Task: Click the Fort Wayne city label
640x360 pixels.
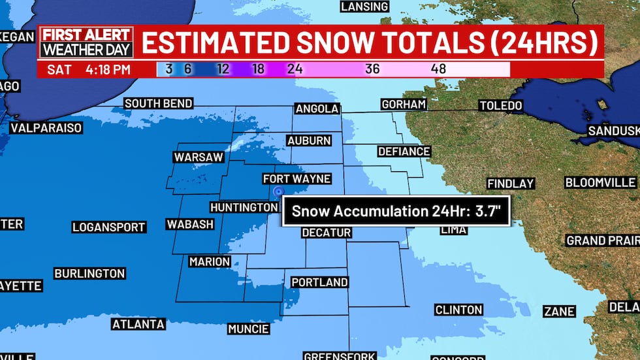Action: click(x=296, y=179)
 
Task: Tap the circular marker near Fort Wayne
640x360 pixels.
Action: click(x=279, y=191)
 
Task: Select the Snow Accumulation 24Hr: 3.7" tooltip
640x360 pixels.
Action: click(x=395, y=212)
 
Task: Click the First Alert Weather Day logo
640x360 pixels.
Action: click(x=87, y=42)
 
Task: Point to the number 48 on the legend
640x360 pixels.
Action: click(x=438, y=69)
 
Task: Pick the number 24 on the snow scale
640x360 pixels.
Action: click(x=295, y=69)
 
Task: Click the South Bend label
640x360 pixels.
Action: click(x=158, y=103)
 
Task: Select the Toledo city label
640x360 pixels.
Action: click(x=500, y=105)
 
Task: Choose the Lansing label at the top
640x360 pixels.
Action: click(x=364, y=7)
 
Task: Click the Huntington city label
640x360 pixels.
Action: click(x=244, y=207)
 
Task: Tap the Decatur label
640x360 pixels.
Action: click(x=327, y=233)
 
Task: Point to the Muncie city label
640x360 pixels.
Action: click(x=248, y=329)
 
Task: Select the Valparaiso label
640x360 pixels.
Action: click(x=46, y=128)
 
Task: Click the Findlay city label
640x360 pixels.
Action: click(x=511, y=184)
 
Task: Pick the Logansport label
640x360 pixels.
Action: click(x=108, y=227)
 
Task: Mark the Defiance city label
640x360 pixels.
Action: click(x=404, y=152)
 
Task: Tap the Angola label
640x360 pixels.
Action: click(x=317, y=108)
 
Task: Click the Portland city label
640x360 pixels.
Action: click(x=319, y=282)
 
